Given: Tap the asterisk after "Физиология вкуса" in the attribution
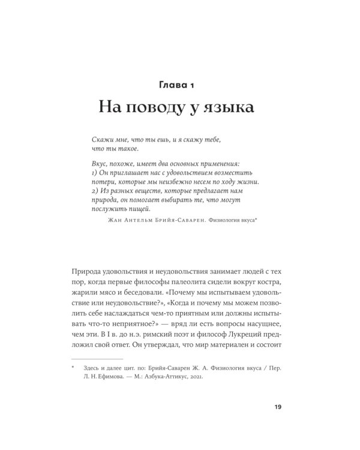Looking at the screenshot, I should [256, 219].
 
